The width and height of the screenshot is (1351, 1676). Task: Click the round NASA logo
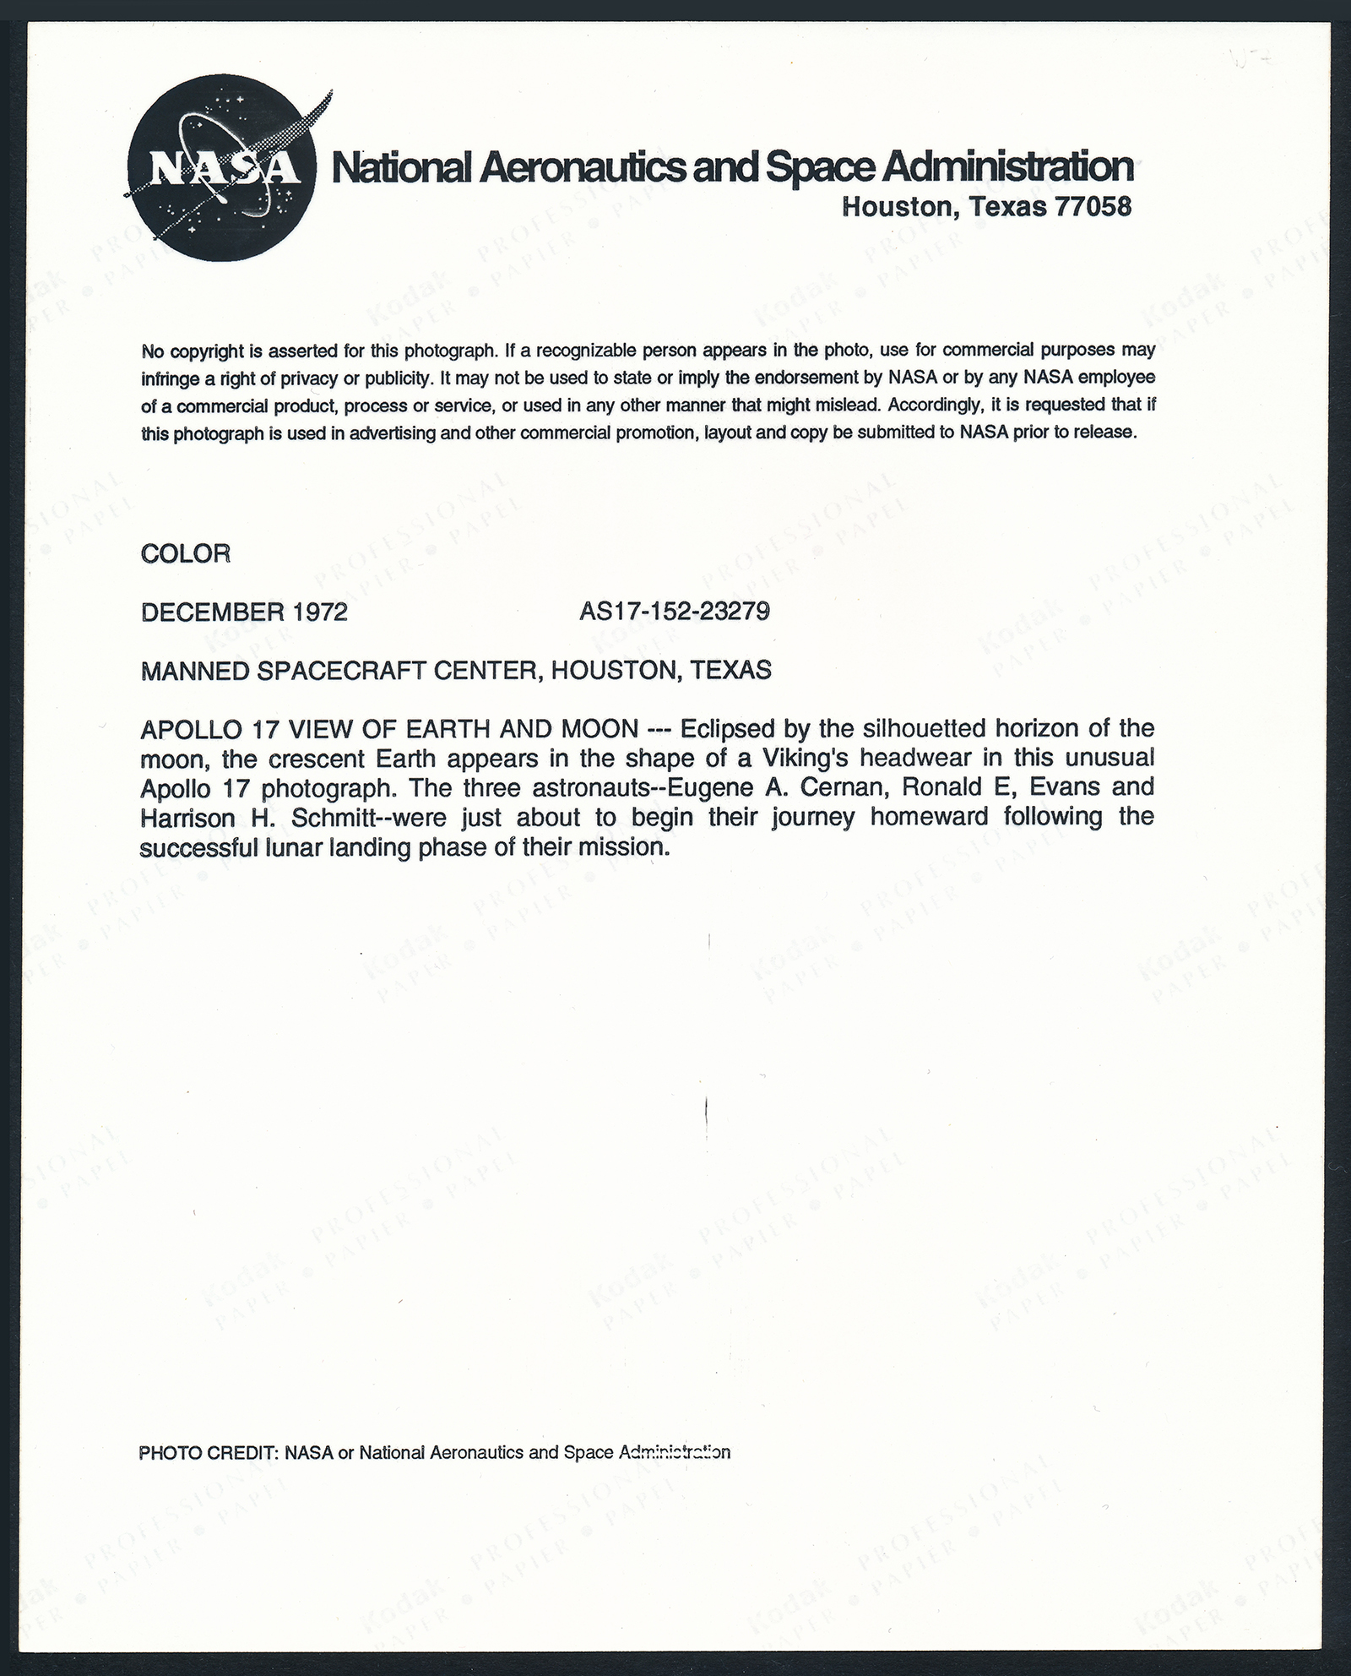[221, 175]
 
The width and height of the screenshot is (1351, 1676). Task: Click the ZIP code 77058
[1093, 206]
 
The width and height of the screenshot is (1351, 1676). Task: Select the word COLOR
[186, 554]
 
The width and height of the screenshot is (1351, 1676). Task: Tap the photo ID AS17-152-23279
[675, 611]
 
